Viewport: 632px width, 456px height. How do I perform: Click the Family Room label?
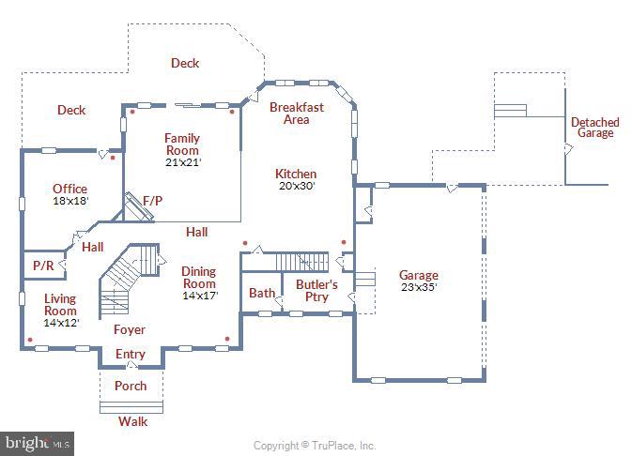[182, 144]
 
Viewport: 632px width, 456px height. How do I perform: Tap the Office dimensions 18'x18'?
[69, 201]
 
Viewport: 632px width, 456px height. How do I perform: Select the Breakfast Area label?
[296, 113]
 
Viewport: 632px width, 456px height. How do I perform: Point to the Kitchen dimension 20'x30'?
[296, 186]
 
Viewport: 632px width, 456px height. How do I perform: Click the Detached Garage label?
[594, 128]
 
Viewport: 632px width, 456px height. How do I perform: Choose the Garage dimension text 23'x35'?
[419, 287]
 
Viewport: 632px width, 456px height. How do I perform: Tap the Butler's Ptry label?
[317, 290]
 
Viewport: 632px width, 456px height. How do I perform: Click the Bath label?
[261, 294]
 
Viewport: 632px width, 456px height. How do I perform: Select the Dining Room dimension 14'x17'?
[199, 296]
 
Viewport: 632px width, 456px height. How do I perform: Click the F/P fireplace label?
[152, 200]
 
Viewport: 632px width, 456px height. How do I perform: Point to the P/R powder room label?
[43, 266]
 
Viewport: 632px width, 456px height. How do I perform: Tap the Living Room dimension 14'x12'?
[61, 323]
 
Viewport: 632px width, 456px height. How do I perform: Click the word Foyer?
[130, 329]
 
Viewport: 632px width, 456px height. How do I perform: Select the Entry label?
[131, 354]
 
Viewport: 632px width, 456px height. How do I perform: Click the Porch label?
[131, 386]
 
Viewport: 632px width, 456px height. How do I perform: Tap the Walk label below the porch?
[132, 421]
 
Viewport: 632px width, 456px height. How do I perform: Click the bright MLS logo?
[38, 441]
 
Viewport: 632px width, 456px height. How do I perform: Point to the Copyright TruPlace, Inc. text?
[315, 446]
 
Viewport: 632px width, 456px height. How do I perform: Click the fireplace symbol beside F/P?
[138, 209]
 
